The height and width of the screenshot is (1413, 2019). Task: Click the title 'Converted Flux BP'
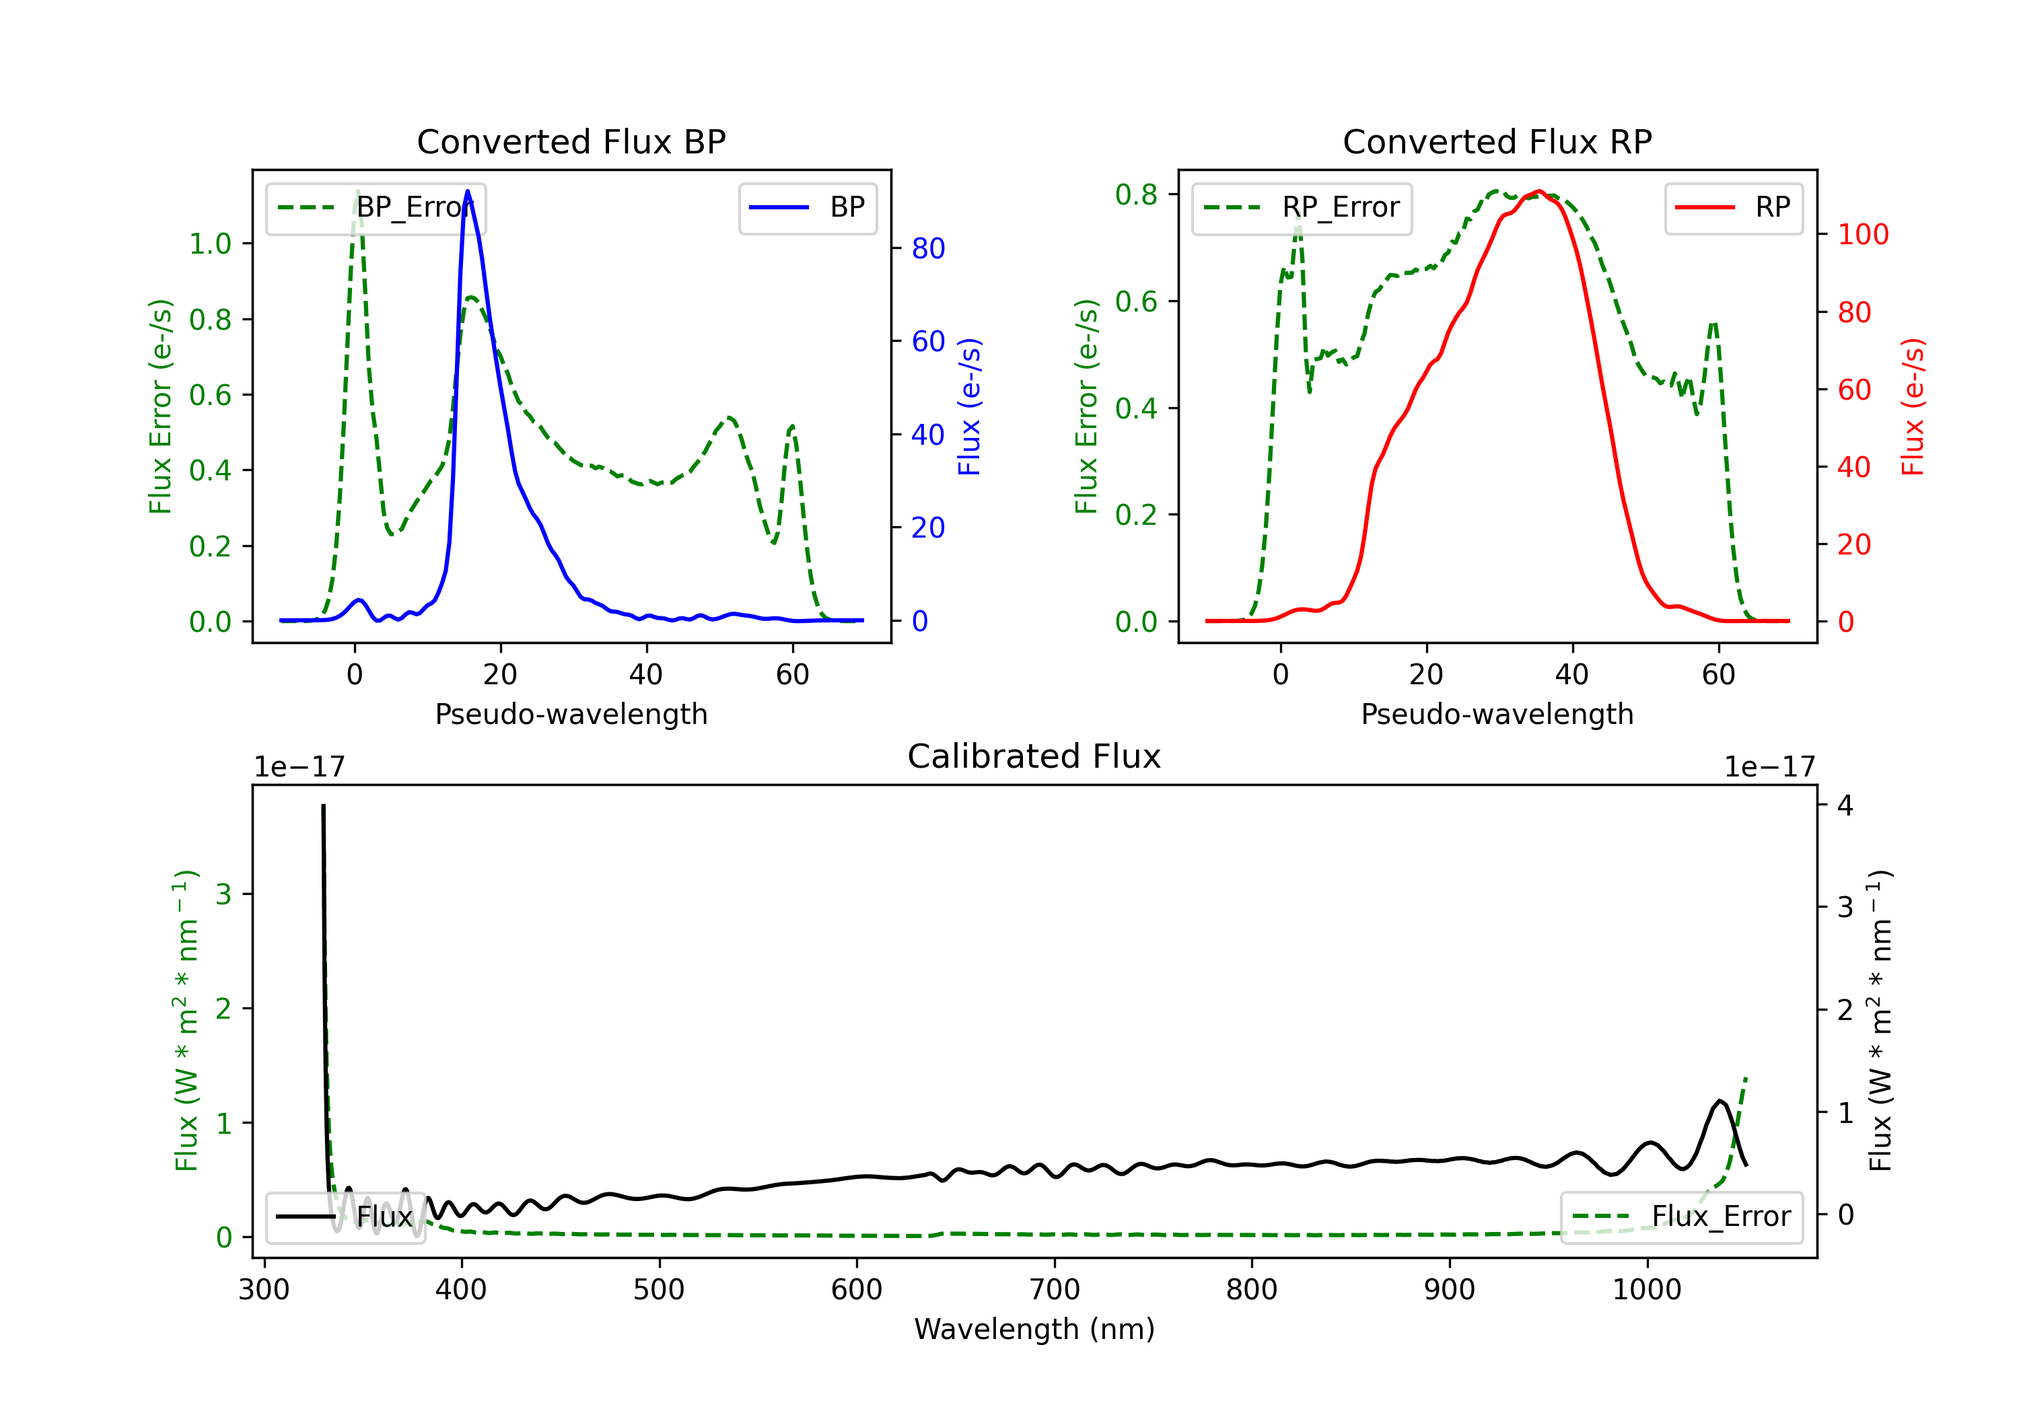(571, 141)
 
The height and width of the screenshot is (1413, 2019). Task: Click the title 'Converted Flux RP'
(1497, 141)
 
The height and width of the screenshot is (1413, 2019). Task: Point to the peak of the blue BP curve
(467, 191)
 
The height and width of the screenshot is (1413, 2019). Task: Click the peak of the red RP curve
(1538, 191)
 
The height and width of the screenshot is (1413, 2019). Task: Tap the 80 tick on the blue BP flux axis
(927, 249)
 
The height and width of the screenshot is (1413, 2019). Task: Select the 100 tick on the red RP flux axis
(1862, 234)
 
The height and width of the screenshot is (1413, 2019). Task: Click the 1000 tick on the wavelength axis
(1646, 1289)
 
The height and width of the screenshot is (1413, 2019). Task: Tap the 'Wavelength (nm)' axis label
(1034, 1329)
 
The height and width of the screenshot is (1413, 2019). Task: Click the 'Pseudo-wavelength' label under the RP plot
(1497, 714)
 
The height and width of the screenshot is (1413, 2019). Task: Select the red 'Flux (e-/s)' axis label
(1913, 406)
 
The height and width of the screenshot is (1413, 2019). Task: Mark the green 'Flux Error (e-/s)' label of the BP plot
(160, 406)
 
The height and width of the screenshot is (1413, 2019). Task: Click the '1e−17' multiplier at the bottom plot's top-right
(1769, 767)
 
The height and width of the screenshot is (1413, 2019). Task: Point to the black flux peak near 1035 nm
(1719, 1101)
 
